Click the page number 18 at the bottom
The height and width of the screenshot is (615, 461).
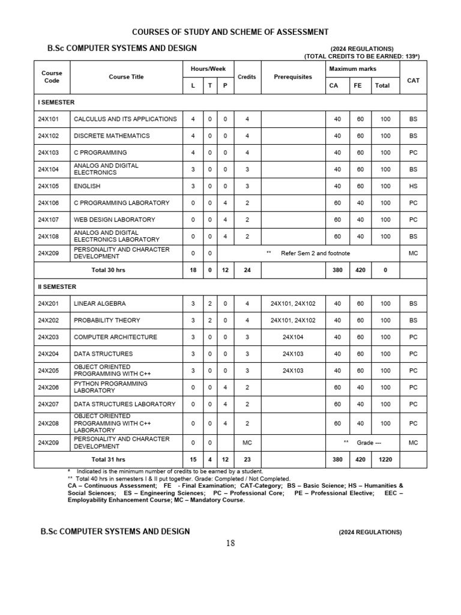230,544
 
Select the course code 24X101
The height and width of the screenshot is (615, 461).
49,119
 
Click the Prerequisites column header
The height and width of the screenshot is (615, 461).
293,77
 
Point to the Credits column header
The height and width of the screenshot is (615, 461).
247,77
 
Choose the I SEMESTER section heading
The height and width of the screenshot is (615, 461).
56,102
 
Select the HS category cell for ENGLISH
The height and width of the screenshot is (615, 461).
413,186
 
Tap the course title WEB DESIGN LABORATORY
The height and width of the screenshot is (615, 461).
114,220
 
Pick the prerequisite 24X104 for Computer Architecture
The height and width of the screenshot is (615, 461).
293,337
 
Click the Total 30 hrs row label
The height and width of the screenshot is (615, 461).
108,270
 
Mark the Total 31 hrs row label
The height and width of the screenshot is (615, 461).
108,459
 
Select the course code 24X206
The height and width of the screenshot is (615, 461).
49,387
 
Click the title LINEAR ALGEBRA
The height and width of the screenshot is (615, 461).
100,304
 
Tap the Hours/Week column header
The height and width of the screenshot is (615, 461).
208,69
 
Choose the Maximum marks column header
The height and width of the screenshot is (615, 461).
353,69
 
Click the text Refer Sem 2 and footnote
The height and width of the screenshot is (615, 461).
315,253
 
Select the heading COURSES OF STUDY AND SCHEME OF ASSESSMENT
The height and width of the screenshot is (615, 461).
230,32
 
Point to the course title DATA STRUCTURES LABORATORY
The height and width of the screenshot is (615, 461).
124,404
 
